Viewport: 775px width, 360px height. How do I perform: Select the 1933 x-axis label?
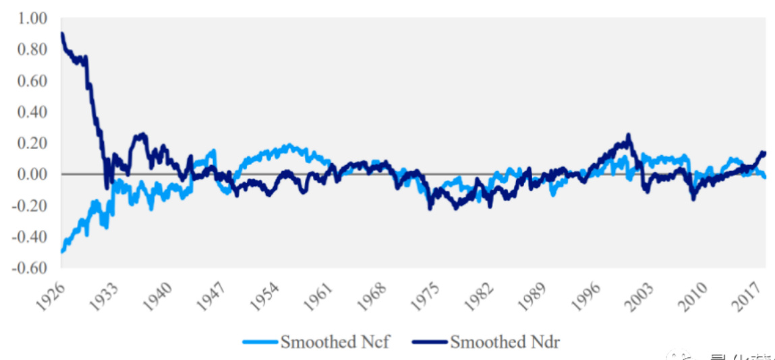[x=105, y=295]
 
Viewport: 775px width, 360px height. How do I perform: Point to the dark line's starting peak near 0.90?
[x=62, y=34]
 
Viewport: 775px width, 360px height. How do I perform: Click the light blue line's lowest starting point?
[x=62, y=251]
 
